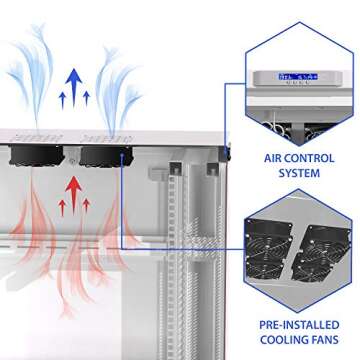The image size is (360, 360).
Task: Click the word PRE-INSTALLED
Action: click(295, 325)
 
